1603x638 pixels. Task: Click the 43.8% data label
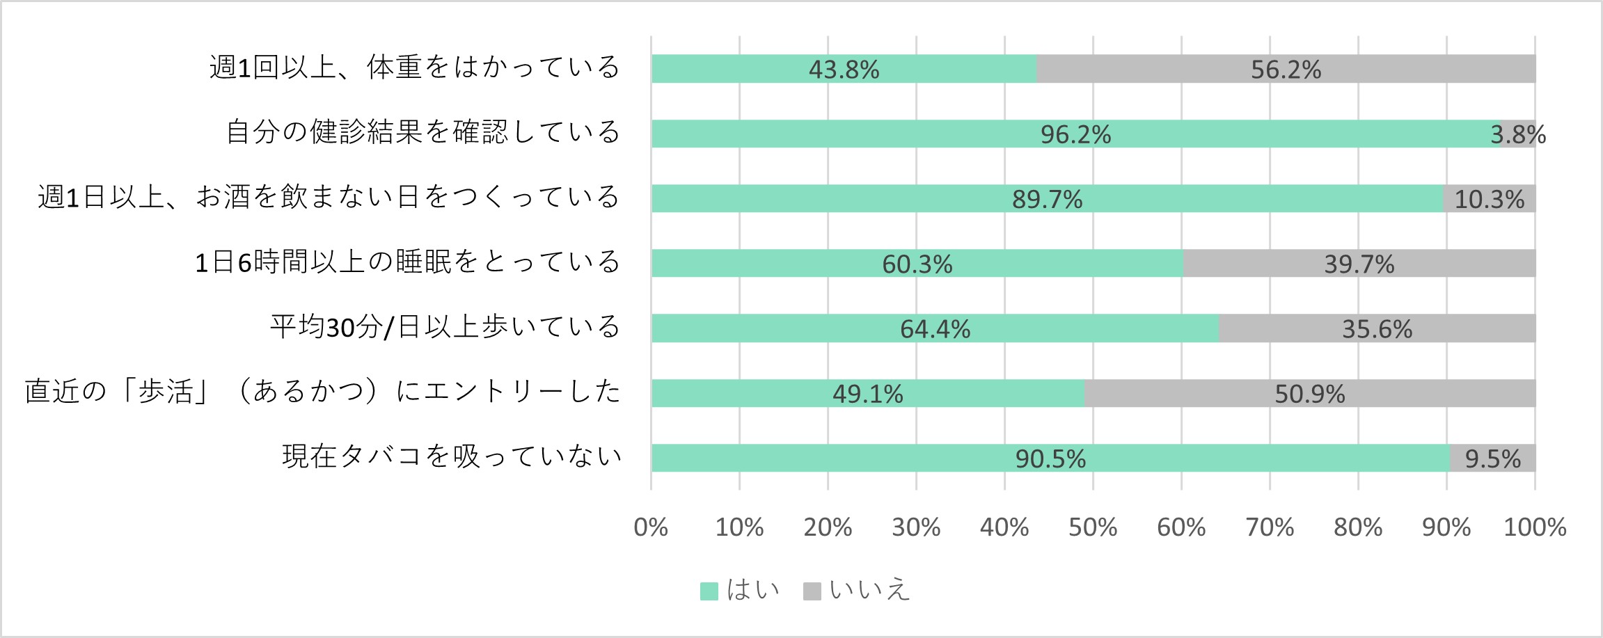844,70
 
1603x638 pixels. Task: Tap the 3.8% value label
1518,134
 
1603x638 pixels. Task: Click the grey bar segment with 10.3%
1490,199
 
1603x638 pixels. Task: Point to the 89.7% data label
1047,200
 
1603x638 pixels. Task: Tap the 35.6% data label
1377,329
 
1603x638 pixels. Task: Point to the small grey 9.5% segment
1493,458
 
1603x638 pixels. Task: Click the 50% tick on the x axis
1093,527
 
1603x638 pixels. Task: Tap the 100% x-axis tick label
1535,527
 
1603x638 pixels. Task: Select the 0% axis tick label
651,527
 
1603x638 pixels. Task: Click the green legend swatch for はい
709,591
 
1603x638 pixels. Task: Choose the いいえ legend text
869,590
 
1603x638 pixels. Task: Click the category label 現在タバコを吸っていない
452,456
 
